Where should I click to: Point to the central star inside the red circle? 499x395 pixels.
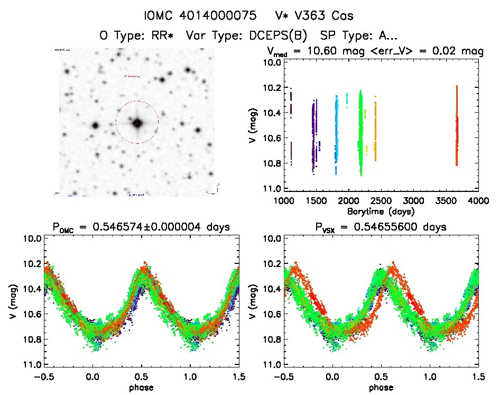pyautogui.click(x=137, y=123)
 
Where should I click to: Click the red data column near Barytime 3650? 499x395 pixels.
pyautogui.click(x=457, y=127)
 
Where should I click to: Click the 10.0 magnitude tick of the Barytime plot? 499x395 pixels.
pyautogui.click(x=271, y=62)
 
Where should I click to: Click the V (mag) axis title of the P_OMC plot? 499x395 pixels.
pyautogui.click(x=12, y=301)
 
